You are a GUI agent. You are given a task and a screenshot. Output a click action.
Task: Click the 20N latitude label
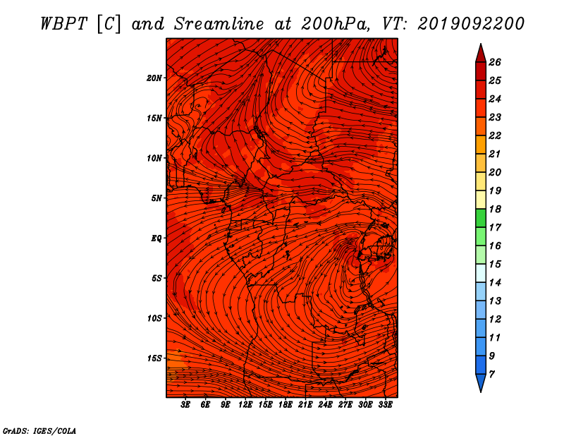tap(154, 78)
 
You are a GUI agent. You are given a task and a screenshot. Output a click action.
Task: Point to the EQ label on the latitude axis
tap(156, 238)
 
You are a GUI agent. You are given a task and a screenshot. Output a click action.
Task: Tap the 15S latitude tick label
tap(155, 358)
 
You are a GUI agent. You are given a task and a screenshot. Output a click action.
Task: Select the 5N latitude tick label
tap(157, 198)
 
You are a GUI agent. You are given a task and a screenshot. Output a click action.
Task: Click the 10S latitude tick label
tap(155, 318)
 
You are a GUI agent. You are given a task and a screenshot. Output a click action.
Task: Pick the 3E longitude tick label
tap(185, 405)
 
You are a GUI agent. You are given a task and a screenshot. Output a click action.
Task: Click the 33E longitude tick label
tap(385, 405)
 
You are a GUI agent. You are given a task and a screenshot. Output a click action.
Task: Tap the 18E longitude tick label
tap(286, 405)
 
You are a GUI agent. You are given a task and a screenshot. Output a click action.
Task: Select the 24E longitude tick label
tap(325, 405)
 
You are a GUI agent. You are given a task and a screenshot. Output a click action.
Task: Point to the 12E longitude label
tap(245, 405)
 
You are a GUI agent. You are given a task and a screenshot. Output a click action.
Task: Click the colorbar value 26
tap(495, 62)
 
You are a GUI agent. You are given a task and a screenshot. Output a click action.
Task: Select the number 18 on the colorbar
tap(495, 209)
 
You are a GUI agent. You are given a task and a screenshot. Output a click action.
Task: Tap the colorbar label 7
tap(491, 375)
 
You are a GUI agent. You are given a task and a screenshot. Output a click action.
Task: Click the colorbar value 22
tap(495, 135)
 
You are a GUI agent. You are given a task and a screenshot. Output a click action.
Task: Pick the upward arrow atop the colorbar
tap(481, 53)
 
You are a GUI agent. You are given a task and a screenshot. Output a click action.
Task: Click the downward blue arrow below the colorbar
tap(481, 383)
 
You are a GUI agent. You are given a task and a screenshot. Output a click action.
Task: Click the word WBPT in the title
tap(63, 24)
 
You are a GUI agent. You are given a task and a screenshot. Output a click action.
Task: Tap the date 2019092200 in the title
tap(471, 24)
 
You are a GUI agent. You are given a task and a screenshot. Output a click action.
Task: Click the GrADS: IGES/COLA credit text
tap(39, 431)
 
